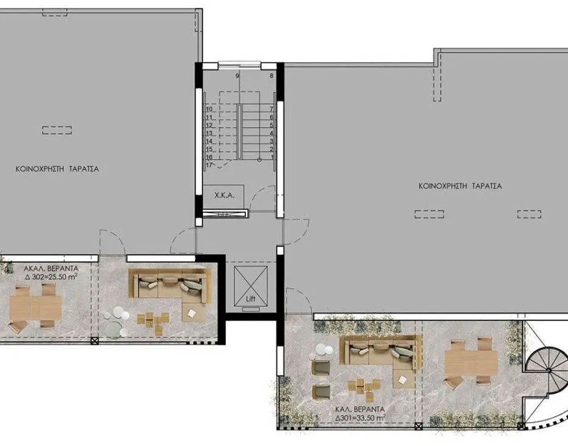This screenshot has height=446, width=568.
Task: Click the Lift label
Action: (x=251, y=299)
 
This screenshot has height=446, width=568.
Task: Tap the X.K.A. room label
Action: (x=225, y=195)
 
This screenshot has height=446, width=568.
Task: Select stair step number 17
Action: (x=209, y=165)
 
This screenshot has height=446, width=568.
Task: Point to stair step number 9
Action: (x=238, y=76)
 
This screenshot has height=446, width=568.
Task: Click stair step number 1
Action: (x=273, y=157)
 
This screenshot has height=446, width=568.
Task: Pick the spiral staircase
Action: (x=548, y=369)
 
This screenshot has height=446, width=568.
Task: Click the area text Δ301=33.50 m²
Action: (x=360, y=418)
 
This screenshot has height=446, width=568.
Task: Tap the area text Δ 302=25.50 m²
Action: (x=51, y=277)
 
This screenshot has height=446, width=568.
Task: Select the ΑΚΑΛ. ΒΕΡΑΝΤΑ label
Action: (x=51, y=269)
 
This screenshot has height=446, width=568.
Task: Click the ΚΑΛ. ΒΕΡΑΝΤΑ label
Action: (x=360, y=410)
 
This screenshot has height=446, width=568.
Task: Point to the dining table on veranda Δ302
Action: (x=35, y=307)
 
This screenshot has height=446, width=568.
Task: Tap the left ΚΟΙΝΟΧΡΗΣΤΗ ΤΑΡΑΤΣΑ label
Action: (x=57, y=169)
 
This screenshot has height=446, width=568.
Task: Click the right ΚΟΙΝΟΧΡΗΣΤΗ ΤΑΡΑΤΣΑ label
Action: (x=460, y=186)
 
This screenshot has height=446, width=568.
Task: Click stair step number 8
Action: (x=272, y=76)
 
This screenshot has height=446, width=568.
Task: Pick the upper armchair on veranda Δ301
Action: (x=321, y=367)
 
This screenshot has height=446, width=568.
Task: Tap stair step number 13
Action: (x=209, y=133)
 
